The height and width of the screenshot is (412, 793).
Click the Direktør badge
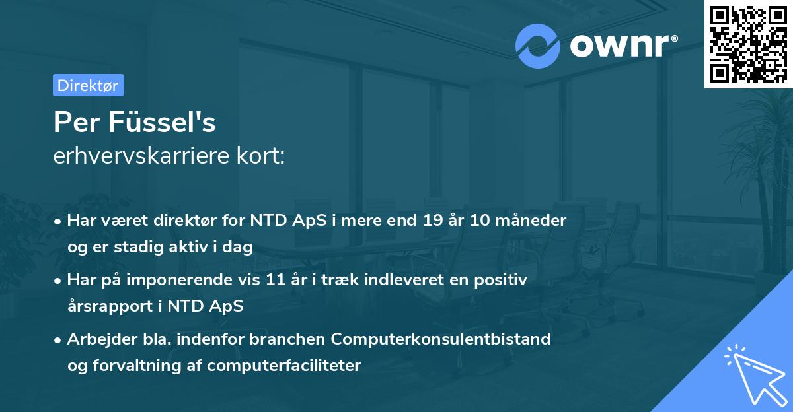point(88,85)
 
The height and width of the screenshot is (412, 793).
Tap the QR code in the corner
point(747,44)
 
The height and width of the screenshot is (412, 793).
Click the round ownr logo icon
point(538,46)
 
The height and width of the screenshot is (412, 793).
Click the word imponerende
point(184,280)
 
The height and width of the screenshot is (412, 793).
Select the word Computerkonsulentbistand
point(441,339)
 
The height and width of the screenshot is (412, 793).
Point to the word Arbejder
point(98,339)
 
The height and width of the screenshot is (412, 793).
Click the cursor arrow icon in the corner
point(753,374)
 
